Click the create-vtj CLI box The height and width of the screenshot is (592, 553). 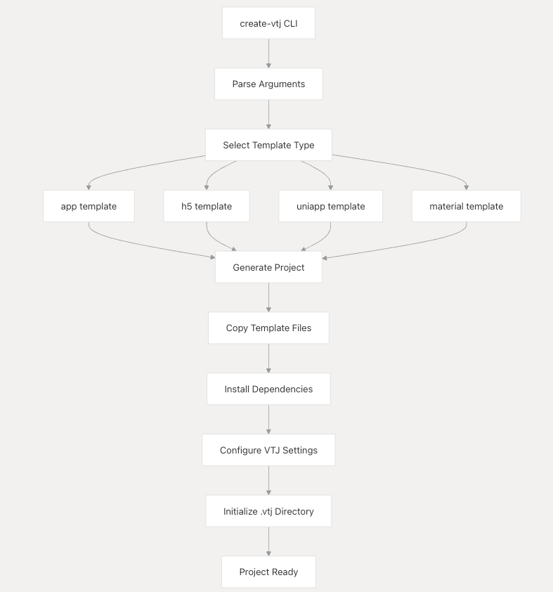click(268, 23)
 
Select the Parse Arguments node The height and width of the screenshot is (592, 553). click(268, 84)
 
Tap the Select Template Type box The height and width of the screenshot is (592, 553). click(268, 145)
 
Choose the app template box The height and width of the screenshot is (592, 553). click(89, 206)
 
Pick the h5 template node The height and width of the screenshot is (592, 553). click(207, 206)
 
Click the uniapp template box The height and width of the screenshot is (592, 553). click(330, 206)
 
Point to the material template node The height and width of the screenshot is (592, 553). click(467, 206)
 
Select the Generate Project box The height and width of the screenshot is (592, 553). click(268, 267)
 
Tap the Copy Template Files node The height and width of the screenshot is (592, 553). click(268, 328)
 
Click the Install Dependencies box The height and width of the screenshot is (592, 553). click(268, 390)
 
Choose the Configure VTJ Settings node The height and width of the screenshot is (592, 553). click(268, 450)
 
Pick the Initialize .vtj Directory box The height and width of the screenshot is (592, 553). click(268, 511)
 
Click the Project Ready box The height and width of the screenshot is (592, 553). click(268, 572)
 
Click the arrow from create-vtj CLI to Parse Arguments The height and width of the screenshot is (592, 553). click(268, 53)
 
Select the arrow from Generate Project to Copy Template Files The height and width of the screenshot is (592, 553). click(268, 297)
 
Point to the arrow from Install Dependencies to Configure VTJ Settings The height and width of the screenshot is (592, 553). click(268, 420)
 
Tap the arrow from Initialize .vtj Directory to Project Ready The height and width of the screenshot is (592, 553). click(268, 541)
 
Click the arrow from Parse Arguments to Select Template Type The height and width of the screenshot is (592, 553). click(268, 115)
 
